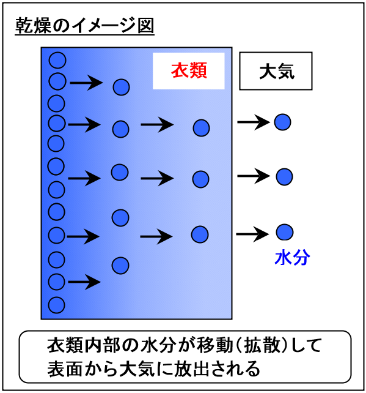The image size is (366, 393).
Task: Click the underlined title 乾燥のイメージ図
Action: [x=84, y=26]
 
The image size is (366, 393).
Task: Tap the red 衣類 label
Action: [x=189, y=70]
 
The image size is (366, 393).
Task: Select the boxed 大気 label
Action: [x=277, y=72]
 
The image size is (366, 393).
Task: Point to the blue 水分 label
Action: [x=292, y=258]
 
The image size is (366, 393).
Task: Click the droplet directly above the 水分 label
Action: [x=285, y=232]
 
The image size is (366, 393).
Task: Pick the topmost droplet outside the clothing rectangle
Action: [x=282, y=122]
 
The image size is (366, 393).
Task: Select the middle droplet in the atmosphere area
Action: [x=284, y=177]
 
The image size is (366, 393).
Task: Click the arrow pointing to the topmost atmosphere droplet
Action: [x=254, y=122]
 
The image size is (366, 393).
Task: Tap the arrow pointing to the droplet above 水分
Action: [x=252, y=234]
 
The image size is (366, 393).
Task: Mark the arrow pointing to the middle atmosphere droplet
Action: [x=254, y=176]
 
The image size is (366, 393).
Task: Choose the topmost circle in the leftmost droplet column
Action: [x=57, y=60]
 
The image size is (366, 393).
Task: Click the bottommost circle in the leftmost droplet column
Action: [x=56, y=305]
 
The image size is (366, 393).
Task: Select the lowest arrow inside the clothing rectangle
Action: [x=84, y=282]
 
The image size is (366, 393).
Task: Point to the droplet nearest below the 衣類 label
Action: [x=201, y=128]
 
